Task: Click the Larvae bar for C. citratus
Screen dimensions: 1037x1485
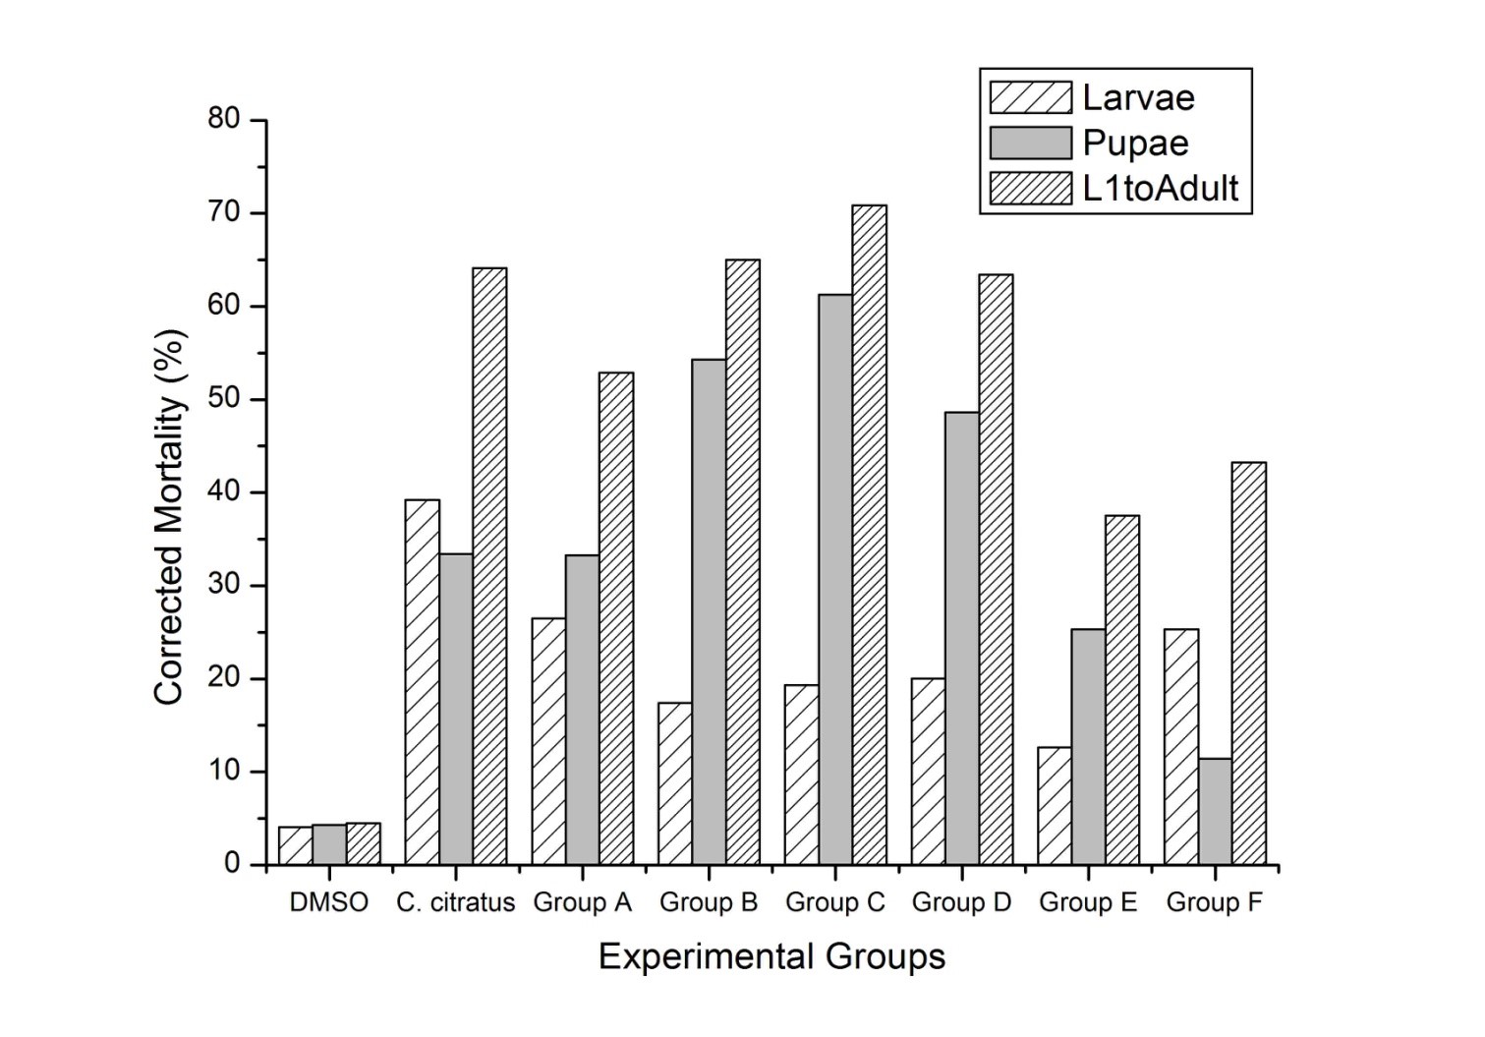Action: pos(422,682)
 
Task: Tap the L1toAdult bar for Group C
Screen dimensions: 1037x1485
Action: pos(869,536)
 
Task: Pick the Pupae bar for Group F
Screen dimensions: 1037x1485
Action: pos(1215,811)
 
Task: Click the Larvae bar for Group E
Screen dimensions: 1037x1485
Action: pos(1055,806)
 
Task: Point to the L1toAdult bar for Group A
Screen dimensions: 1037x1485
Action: pos(616,619)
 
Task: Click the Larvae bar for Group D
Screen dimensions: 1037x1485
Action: pos(928,772)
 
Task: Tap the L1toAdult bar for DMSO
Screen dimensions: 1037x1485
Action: pos(363,844)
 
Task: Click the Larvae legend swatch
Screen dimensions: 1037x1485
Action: pos(1030,97)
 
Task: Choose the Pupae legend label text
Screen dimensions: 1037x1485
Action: pos(1135,144)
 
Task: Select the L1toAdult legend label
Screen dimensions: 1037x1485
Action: pos(1160,188)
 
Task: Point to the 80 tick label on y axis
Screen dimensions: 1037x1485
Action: pos(224,120)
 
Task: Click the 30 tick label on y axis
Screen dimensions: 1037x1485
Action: pos(224,586)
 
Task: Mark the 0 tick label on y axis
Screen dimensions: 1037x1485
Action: pos(232,864)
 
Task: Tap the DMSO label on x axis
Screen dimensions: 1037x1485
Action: pos(329,902)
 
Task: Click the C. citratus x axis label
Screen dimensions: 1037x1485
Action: pos(456,902)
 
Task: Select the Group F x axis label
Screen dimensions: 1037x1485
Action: pos(1214,902)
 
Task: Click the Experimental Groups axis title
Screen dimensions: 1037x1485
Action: pos(771,956)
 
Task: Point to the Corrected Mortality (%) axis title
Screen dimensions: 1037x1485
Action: pos(169,517)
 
